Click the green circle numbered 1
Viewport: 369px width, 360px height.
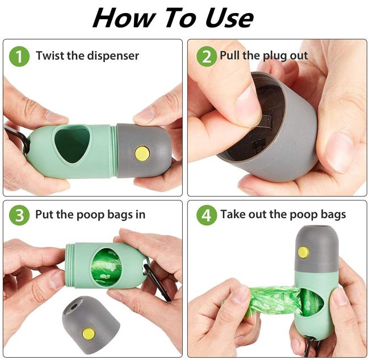coord(19,56)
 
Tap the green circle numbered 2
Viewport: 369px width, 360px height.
coord(207,56)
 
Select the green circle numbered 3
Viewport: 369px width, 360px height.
coord(19,215)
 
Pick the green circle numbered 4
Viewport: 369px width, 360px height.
coord(207,215)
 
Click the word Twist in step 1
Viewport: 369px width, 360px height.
coord(51,56)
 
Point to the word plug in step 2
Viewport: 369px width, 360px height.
coord(275,56)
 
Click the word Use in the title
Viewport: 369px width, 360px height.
coord(229,18)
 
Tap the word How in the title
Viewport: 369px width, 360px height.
coord(124,18)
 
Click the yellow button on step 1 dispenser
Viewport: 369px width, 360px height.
coord(142,153)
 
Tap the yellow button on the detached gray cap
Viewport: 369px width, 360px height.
coord(89,333)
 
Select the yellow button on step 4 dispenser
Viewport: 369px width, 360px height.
coord(303,252)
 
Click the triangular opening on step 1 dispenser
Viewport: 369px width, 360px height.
coord(72,144)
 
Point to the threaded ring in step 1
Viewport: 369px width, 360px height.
coord(114,151)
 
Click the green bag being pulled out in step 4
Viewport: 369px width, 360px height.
coord(273,300)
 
